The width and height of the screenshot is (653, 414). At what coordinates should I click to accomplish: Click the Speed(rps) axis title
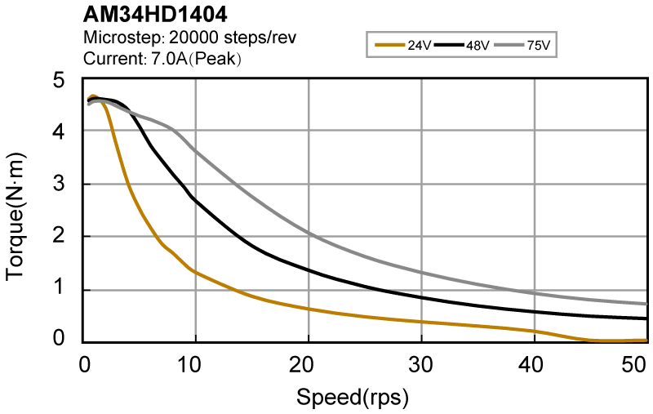pyautogui.click(x=352, y=398)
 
